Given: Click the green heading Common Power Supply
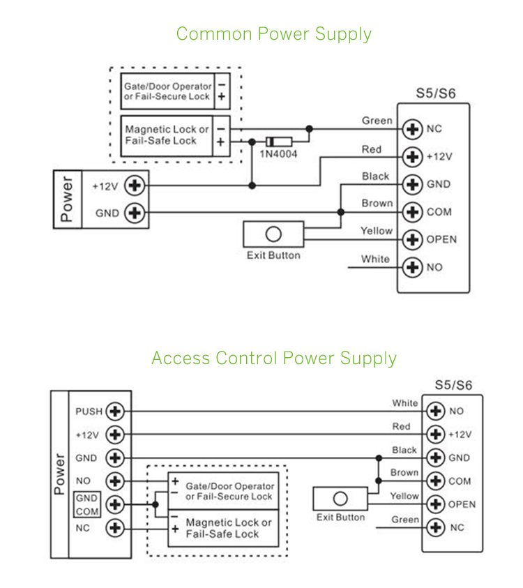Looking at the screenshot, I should [273, 33].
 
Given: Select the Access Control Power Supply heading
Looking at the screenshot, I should [273, 359].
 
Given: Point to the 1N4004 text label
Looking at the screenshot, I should [278, 154].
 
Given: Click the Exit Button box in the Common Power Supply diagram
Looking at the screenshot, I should [273, 234].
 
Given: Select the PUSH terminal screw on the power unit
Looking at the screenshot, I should [115, 412].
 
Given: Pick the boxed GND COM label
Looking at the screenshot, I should [87, 504].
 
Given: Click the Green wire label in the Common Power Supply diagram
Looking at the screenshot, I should [377, 121].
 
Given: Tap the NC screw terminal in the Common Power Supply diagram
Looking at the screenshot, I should [414, 129].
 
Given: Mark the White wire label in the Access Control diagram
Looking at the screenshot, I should [405, 403].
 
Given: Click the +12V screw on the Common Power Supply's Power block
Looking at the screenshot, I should [134, 186].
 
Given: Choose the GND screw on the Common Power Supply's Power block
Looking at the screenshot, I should [134, 213].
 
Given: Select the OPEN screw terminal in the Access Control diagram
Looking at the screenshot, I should [436, 504].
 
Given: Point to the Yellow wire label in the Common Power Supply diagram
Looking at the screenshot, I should [377, 231].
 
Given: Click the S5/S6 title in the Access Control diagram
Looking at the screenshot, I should [453, 384].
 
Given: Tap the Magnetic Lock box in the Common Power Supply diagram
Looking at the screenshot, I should [167, 135].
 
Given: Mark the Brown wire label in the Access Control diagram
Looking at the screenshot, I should [404, 472].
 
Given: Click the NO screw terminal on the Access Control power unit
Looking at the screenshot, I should [115, 481].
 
